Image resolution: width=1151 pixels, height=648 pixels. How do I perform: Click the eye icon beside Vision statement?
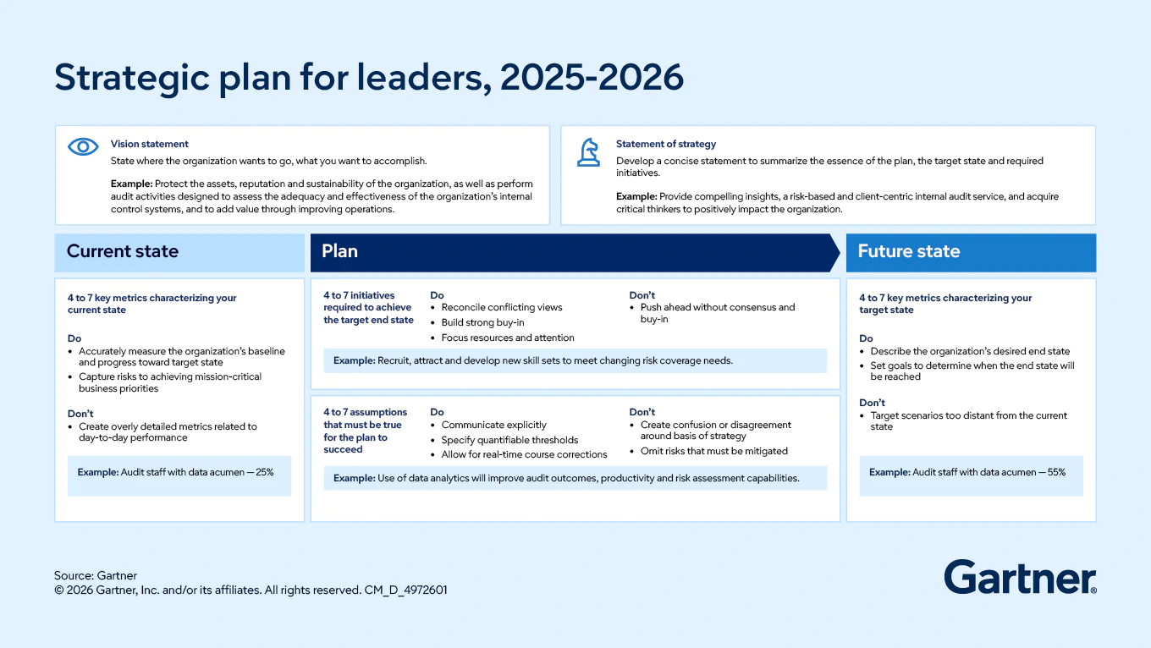tap(83, 147)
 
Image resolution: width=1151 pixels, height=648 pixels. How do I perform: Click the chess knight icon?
tap(588, 152)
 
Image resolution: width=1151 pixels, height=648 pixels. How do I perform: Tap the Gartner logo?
tap(1020, 577)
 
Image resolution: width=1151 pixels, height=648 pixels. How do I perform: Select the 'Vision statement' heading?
tap(150, 144)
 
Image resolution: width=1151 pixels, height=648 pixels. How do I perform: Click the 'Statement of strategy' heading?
tap(666, 144)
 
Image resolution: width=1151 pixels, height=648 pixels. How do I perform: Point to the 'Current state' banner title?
tap(122, 251)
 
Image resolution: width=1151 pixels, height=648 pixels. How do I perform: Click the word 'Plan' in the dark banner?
tap(339, 251)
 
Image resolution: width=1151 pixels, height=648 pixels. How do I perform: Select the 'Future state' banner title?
tap(908, 251)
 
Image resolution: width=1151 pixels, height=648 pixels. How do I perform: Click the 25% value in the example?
tap(265, 472)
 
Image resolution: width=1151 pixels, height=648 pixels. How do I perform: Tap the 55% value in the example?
tap(1056, 472)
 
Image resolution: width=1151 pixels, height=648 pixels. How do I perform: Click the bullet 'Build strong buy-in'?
tap(482, 322)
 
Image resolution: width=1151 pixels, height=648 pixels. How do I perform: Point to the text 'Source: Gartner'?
tap(96, 575)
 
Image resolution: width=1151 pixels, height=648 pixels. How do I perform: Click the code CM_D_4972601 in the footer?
tap(405, 590)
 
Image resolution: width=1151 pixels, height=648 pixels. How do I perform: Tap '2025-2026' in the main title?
tap(592, 78)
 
